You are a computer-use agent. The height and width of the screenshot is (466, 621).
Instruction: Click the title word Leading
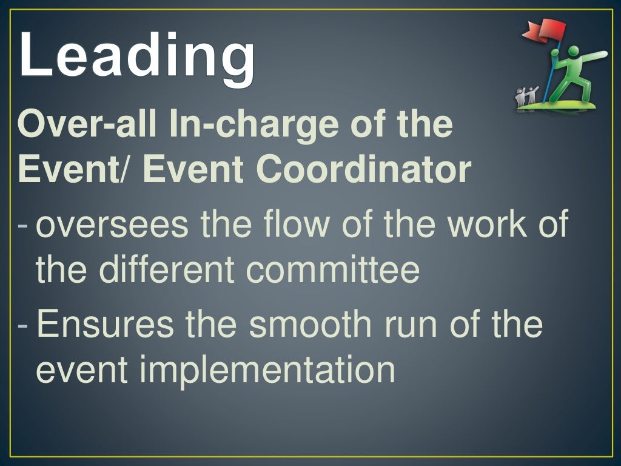(137, 56)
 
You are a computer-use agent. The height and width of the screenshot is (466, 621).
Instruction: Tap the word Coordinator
(364, 171)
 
